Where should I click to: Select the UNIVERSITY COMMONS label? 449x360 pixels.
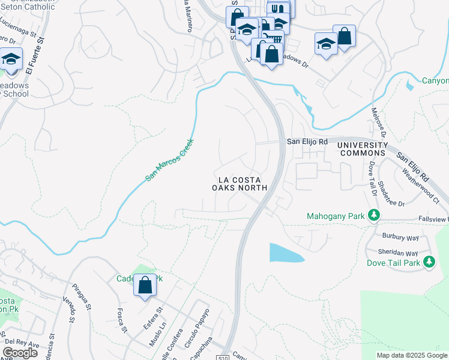click(363, 149)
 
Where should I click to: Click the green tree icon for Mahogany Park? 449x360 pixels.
click(373, 215)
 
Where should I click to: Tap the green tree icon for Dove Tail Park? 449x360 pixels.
click(429, 262)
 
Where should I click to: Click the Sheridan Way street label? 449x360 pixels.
click(398, 253)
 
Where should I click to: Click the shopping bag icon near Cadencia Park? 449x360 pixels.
click(145, 286)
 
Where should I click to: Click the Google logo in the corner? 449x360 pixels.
click(20, 353)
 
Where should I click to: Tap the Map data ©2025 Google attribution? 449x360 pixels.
click(412, 355)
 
